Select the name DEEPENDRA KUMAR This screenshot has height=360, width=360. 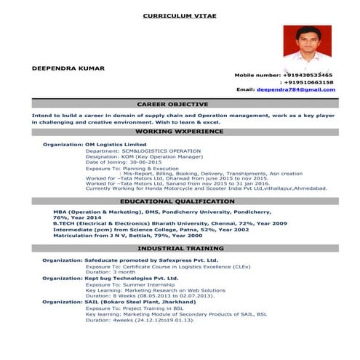pos(68,68)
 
